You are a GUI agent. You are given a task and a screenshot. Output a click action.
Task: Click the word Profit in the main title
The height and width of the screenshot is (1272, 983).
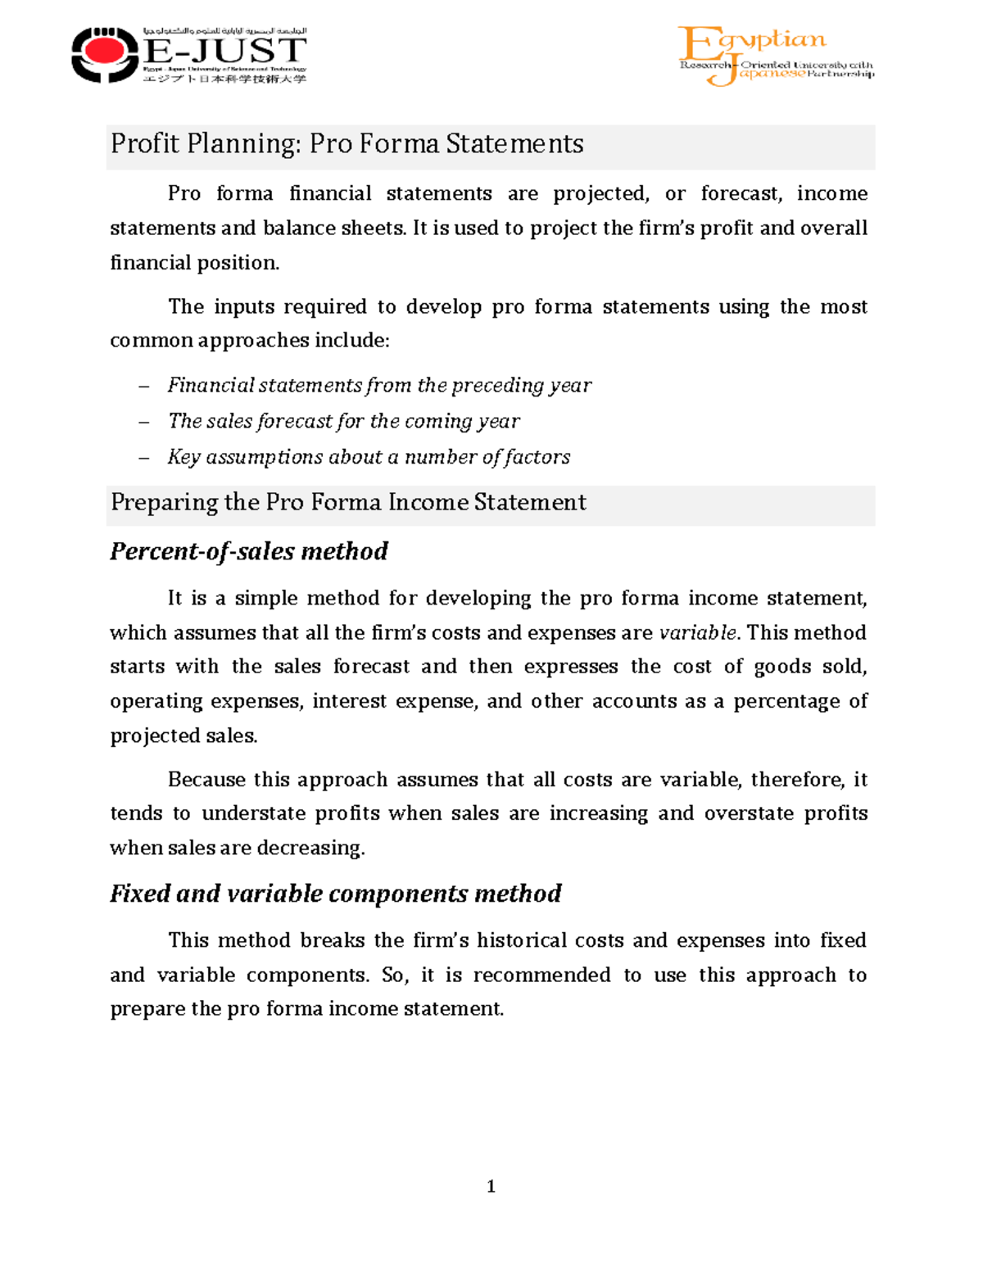pyautogui.click(x=144, y=144)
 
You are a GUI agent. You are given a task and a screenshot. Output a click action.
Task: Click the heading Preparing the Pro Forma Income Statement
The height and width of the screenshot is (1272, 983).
pyautogui.click(x=348, y=502)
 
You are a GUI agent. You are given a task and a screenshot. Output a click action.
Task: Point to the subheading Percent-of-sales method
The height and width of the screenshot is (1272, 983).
pyautogui.click(x=248, y=551)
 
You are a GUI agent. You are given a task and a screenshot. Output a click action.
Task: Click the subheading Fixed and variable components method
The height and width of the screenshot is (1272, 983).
pyautogui.click(x=335, y=894)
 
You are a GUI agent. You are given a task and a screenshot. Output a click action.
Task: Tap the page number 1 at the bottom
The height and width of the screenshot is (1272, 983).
pyautogui.click(x=491, y=1186)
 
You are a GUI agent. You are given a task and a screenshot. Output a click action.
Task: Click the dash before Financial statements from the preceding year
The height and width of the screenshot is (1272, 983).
pyautogui.click(x=144, y=386)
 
